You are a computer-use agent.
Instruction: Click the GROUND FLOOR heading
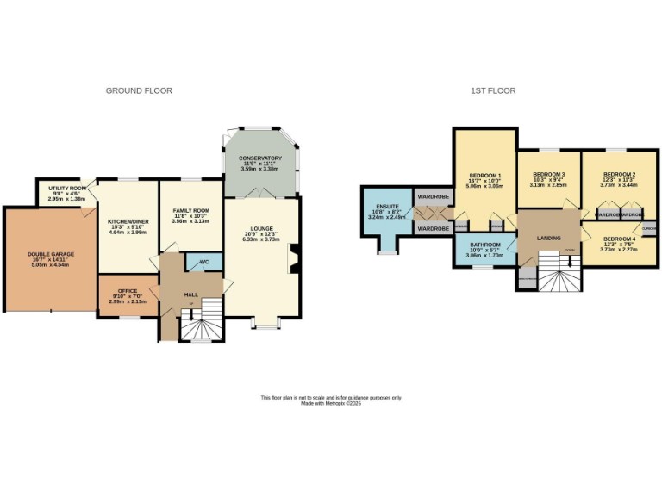(x=139, y=90)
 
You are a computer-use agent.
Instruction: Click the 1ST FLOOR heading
(x=488, y=90)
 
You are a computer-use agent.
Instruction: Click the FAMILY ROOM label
(x=190, y=211)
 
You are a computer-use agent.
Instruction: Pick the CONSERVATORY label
(x=261, y=158)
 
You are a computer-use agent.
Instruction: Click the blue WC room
(x=204, y=262)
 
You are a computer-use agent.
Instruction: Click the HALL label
(x=190, y=294)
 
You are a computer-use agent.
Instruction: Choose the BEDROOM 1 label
(x=484, y=175)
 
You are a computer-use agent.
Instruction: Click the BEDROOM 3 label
(x=548, y=175)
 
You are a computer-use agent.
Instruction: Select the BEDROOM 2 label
(x=619, y=175)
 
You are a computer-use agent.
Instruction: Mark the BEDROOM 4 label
(x=619, y=239)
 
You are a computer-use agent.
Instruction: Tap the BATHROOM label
(x=484, y=245)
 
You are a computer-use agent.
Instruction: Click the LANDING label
(x=548, y=239)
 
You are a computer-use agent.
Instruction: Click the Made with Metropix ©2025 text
(x=331, y=402)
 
